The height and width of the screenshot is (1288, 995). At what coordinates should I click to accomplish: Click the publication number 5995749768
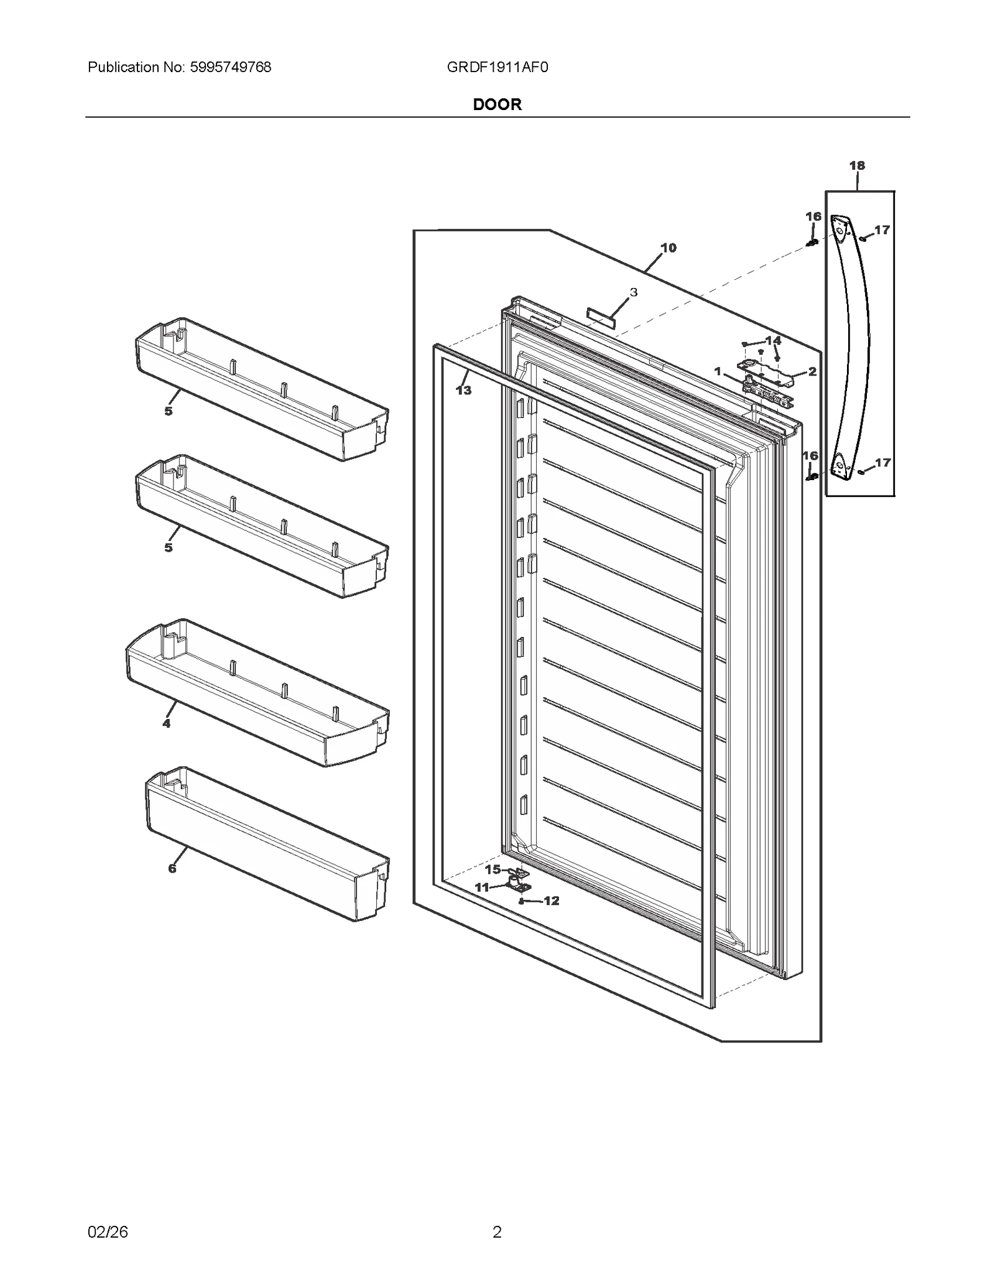point(229,67)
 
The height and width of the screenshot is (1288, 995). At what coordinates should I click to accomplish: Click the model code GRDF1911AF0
point(497,67)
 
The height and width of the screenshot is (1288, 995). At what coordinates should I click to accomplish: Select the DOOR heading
point(497,104)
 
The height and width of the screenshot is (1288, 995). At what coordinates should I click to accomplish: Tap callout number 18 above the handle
point(856,165)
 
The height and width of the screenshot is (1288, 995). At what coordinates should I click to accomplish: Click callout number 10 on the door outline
point(668,248)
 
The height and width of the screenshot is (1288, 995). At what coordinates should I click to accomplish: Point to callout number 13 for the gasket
point(463,391)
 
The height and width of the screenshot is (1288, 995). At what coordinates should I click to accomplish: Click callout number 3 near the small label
point(633,292)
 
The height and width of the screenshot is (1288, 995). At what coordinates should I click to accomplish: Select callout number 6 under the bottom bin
point(172,869)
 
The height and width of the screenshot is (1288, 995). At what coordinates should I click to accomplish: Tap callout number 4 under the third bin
point(166,723)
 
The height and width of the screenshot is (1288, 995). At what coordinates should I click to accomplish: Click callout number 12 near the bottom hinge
point(551,901)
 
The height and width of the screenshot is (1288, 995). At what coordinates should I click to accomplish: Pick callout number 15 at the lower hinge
point(493,869)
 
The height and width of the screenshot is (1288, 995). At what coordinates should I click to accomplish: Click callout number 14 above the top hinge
point(773,340)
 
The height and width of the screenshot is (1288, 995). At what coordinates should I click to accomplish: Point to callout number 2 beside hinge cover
point(812,371)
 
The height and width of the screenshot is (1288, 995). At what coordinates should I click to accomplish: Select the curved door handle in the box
point(853,348)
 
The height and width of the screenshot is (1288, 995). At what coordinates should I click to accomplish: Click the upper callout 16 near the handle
point(813,216)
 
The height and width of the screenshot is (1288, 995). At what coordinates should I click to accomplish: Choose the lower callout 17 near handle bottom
point(882,462)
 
